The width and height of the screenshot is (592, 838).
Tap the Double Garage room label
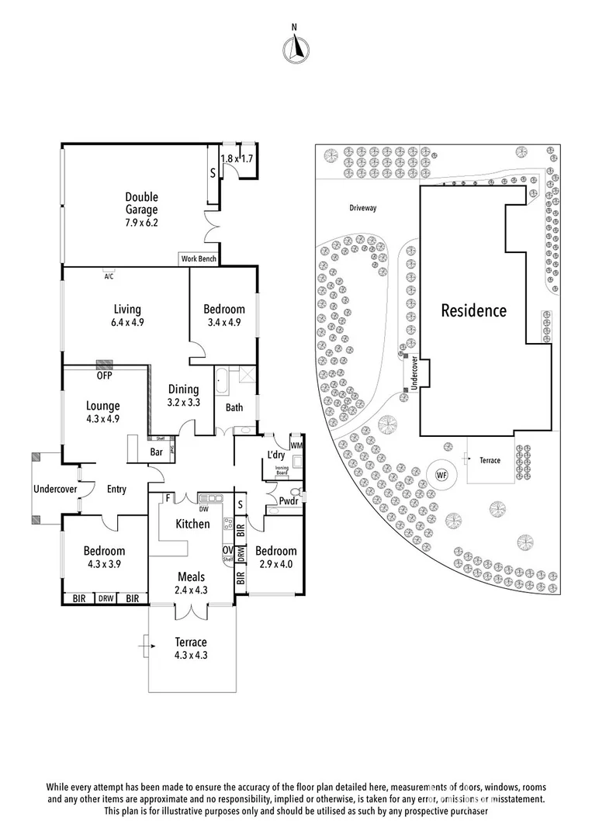pos(142,203)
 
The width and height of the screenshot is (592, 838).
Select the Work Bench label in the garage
pos(199,259)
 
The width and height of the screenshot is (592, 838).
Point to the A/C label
pos(109,276)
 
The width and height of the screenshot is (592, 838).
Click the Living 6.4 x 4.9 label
pos(126,316)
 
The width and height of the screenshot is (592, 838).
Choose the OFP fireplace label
pos(104,376)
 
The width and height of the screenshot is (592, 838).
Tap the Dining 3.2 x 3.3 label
pos(183,396)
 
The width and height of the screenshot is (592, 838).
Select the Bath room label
pos(234,407)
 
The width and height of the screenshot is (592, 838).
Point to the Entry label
pos(116,489)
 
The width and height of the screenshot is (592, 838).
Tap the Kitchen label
pos(192,524)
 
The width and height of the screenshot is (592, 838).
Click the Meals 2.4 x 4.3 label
pos(190,583)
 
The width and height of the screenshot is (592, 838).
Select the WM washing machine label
pos(296,445)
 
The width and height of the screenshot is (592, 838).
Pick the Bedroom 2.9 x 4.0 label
pos(276,557)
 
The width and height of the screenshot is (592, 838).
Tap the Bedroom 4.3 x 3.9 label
pos(104,557)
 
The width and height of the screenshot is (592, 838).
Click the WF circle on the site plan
pos(441,474)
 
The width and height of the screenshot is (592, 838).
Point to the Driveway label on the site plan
pos(362,208)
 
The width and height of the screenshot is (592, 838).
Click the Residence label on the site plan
pos(473,311)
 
